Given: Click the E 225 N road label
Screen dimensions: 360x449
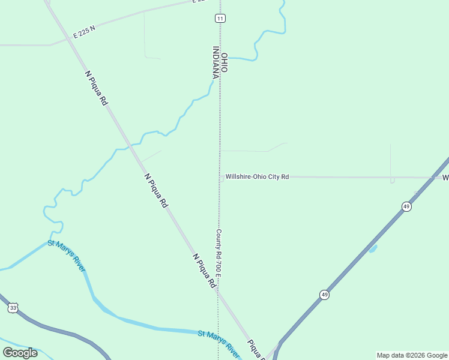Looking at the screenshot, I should tap(84, 31).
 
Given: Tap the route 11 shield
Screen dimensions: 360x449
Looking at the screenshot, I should tap(220, 19).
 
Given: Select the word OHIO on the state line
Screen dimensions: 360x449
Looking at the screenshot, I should tap(224, 63).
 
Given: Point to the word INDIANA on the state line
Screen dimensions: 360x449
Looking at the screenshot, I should tap(215, 62).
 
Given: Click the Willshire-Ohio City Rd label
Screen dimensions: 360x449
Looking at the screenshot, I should tap(257, 177).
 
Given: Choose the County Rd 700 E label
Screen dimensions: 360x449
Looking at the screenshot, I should tap(219, 252).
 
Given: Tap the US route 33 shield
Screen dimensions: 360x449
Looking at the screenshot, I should tap(13, 308).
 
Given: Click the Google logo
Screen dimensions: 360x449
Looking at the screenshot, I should tap(20, 352).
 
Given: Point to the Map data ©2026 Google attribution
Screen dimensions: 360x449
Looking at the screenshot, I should tap(412, 355).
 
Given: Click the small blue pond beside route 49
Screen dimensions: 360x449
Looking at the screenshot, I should tap(372, 248).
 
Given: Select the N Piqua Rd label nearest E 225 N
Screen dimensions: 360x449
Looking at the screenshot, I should tap(96, 88).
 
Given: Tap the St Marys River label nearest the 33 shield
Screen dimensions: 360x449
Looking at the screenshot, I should tap(67, 256).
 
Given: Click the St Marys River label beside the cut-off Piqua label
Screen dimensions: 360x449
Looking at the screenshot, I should tap(219, 341).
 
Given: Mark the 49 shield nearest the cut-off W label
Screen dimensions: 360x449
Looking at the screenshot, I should tap(406, 206).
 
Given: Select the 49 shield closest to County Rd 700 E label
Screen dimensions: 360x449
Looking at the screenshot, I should tap(324, 295).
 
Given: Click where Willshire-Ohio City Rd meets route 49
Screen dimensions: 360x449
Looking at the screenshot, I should tap(434, 177).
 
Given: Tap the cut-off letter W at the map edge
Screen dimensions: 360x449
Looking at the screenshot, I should tap(445, 178).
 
